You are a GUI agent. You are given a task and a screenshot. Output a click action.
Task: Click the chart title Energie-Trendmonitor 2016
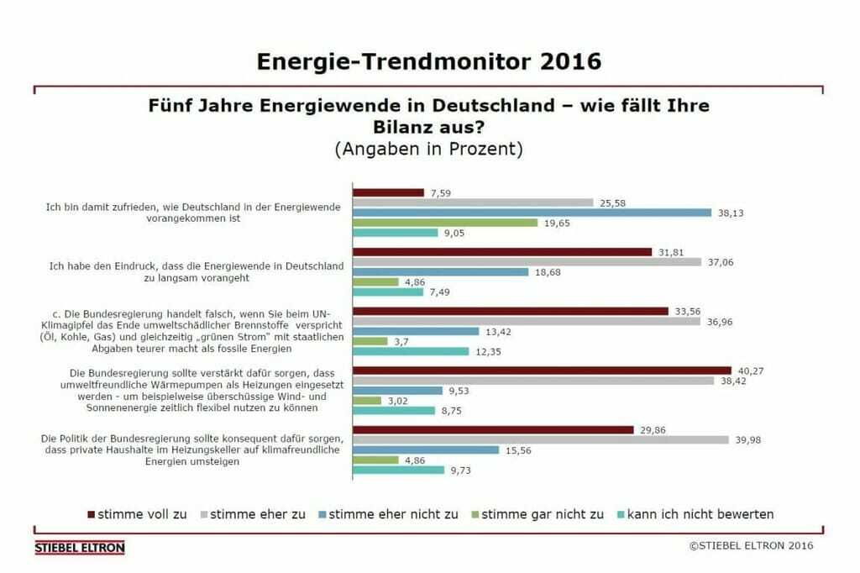click(x=428, y=61)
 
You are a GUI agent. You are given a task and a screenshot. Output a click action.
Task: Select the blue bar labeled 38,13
click(x=532, y=213)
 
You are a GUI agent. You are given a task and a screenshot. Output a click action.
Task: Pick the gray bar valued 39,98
click(x=540, y=439)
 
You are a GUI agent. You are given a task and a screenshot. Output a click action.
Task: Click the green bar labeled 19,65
click(x=445, y=223)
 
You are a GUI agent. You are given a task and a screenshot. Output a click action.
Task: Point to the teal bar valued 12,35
click(x=411, y=351)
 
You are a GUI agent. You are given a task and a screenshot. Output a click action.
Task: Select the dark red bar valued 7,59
click(x=388, y=192)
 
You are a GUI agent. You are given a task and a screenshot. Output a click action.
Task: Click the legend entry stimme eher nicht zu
click(x=393, y=513)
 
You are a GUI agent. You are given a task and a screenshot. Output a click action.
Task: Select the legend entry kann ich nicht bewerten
click(x=700, y=513)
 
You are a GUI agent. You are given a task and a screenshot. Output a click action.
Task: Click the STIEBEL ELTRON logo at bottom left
click(x=80, y=548)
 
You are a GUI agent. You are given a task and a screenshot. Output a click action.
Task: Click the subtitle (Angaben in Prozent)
click(x=428, y=150)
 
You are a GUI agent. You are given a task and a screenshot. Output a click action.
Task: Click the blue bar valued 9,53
click(x=397, y=391)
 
